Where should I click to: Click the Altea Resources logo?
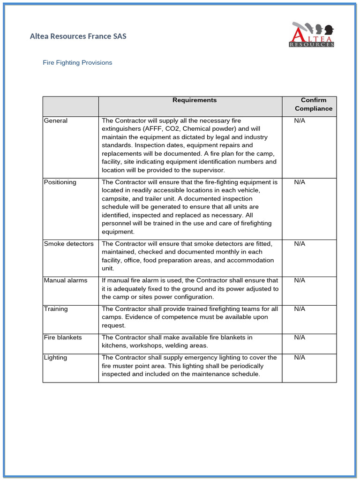[x=312, y=35]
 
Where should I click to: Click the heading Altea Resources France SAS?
[x=78, y=36]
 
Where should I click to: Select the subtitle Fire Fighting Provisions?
[x=77, y=62]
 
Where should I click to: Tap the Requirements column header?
[x=195, y=100]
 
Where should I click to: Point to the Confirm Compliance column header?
[x=314, y=105]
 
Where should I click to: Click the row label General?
[x=56, y=121]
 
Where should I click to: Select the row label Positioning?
[x=60, y=182]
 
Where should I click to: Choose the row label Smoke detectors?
[x=68, y=244]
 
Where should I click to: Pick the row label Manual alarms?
[x=66, y=280]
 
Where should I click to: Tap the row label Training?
[x=56, y=309]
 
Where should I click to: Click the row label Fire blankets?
[x=63, y=337]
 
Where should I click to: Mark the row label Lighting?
[x=55, y=358]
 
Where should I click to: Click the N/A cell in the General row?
[x=300, y=121]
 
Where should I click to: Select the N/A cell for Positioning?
[x=300, y=182]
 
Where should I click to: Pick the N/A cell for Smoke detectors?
[x=300, y=244]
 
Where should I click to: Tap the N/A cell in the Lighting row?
[x=300, y=358]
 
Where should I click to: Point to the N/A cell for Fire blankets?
[x=300, y=337]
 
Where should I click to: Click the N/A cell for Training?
[x=300, y=309]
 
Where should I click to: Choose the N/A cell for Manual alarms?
[x=300, y=280]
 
